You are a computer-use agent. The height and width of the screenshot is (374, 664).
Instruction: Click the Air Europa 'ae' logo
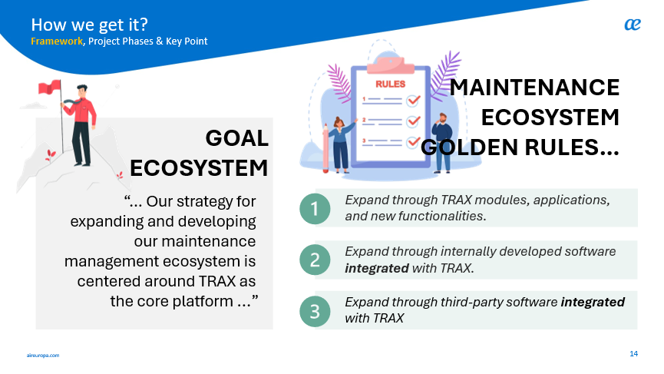click(633, 25)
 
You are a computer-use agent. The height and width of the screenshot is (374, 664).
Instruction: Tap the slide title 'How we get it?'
click(89, 25)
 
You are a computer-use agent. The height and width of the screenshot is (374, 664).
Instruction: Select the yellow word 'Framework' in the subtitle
click(57, 41)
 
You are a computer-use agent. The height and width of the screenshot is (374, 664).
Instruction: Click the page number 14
click(633, 354)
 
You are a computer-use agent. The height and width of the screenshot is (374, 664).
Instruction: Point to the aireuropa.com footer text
click(43, 356)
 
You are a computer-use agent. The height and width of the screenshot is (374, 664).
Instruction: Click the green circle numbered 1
click(315, 208)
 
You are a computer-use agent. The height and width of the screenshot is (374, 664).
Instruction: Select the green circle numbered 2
click(315, 260)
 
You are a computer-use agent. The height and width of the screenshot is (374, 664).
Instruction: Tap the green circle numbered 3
click(315, 311)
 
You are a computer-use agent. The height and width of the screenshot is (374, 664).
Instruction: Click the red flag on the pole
click(49, 88)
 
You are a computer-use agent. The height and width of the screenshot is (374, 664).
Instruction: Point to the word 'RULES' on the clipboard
click(391, 84)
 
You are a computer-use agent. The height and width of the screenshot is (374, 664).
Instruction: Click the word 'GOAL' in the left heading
click(236, 138)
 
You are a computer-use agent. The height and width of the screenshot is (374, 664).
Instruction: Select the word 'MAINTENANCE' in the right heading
click(535, 88)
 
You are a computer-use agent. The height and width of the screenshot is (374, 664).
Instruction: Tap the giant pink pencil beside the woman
click(325, 147)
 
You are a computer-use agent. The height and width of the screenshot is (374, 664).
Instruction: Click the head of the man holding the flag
click(81, 92)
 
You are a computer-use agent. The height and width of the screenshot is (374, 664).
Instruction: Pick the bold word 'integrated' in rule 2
click(376, 268)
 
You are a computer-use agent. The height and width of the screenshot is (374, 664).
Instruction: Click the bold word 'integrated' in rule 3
click(593, 302)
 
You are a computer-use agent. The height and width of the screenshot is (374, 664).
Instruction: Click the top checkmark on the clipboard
click(413, 101)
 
